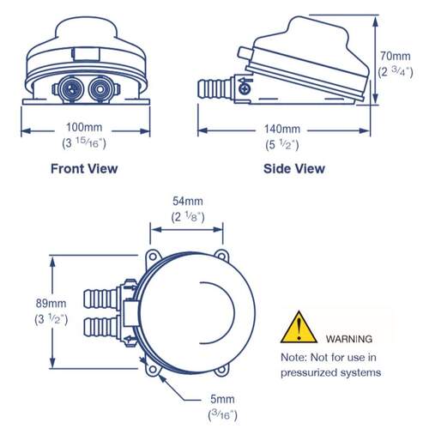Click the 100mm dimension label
tap(84, 127)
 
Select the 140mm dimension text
tap(282, 129)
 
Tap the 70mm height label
tap(396, 56)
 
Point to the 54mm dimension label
tap(188, 201)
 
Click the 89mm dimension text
tap(51, 303)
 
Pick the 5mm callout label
tap(222, 399)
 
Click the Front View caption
tap(84, 169)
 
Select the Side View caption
tap(294, 169)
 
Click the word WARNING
tap(349, 339)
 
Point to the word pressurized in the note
tap(311, 372)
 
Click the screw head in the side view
tap(245, 88)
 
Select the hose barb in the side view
tap(214, 88)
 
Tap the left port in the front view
tap(71, 89)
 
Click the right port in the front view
tap(100, 89)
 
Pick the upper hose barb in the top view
tap(100, 299)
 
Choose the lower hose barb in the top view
tap(100, 327)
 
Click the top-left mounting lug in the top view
tap(153, 257)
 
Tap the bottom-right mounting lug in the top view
tap(221, 370)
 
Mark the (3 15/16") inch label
tap(84, 143)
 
